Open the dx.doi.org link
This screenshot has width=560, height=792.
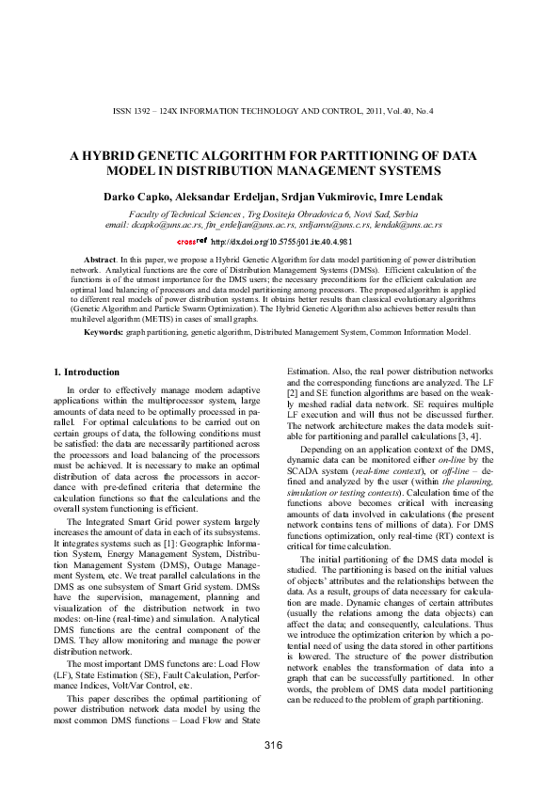[x=282, y=241]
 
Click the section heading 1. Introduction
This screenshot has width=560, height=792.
[x=86, y=372]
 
